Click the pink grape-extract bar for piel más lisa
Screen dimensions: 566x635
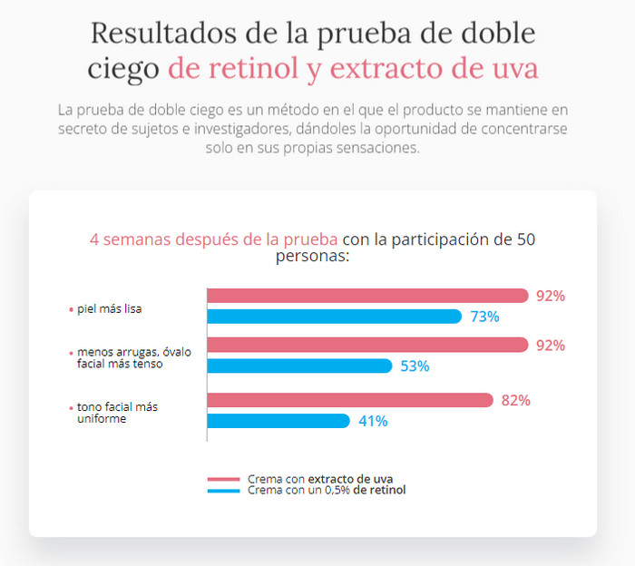coord(367,296)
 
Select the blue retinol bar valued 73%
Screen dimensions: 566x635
coord(335,317)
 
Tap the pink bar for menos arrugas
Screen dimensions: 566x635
coord(367,345)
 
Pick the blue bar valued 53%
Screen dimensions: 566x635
coord(299,366)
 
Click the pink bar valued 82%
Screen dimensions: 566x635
coord(350,400)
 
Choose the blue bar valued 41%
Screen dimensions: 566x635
coord(278,421)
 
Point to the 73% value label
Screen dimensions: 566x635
coord(484,317)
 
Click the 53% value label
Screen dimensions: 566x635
coord(415,366)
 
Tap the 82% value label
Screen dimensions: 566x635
coord(515,400)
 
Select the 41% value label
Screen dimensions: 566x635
coord(373,421)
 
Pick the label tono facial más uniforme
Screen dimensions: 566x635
coord(117,414)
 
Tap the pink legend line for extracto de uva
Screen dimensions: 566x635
coord(223,479)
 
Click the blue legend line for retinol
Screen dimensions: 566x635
coord(223,491)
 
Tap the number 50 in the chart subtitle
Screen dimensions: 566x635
coord(526,239)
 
